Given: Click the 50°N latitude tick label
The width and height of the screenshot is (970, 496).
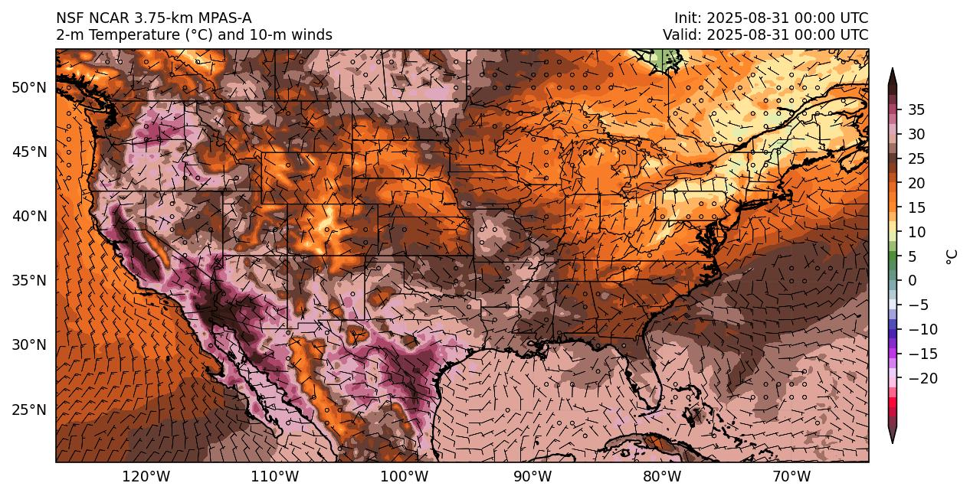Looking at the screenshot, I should (29, 87).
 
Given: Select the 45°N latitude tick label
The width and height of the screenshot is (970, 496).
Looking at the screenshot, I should (29, 152).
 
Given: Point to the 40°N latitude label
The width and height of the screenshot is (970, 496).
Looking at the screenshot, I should (29, 216).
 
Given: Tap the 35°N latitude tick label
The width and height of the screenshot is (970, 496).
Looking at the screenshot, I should (29, 280).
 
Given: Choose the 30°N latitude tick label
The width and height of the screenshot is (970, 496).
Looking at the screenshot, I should (29, 344).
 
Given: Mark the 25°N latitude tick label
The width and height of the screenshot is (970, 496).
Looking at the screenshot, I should (29, 410).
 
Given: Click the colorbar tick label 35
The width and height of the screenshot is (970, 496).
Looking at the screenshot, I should (916, 109).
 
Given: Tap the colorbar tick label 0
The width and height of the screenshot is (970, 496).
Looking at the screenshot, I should (913, 280).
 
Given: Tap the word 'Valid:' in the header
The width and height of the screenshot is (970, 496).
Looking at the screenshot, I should (682, 35).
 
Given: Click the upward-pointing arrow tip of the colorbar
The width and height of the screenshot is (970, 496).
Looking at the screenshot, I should (892, 70).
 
